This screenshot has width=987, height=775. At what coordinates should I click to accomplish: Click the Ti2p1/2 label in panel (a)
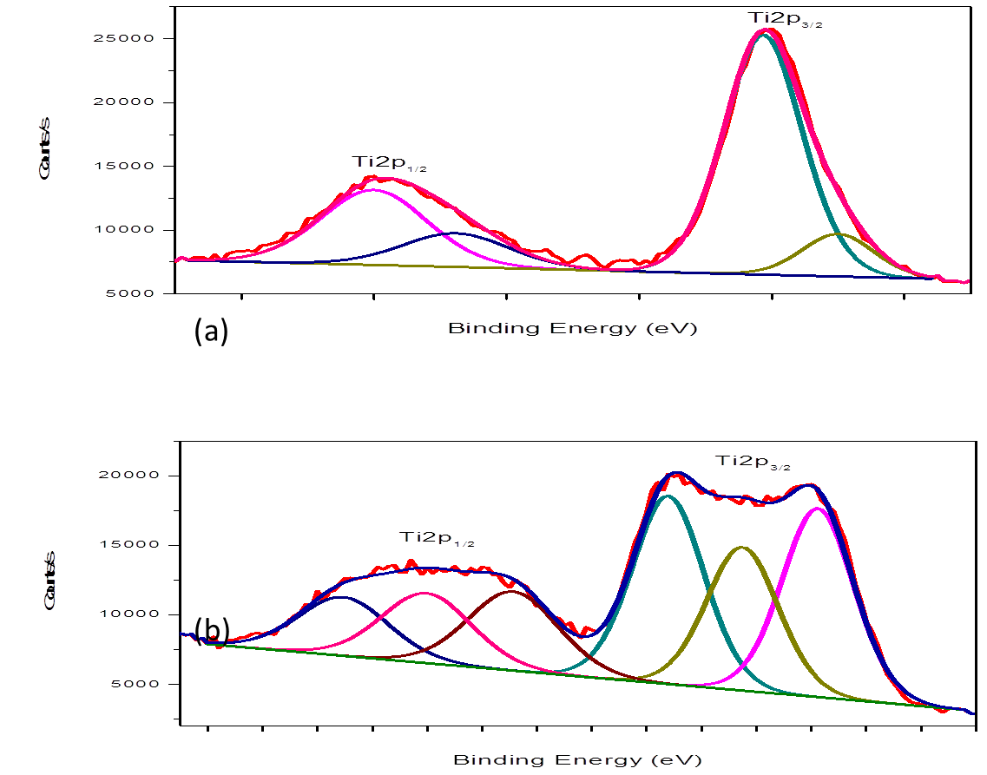click(388, 162)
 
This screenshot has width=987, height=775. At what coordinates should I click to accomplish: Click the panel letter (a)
click(212, 330)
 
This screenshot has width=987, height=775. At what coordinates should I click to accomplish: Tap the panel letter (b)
click(213, 630)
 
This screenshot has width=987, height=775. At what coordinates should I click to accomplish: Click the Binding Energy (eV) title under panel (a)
click(573, 328)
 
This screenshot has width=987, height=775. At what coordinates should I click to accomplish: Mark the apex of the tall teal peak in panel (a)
click(764, 35)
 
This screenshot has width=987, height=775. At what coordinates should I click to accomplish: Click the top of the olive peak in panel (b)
click(742, 548)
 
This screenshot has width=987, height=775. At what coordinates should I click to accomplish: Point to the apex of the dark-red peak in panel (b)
click(511, 592)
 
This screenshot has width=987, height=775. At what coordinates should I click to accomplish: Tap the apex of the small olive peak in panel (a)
click(839, 233)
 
